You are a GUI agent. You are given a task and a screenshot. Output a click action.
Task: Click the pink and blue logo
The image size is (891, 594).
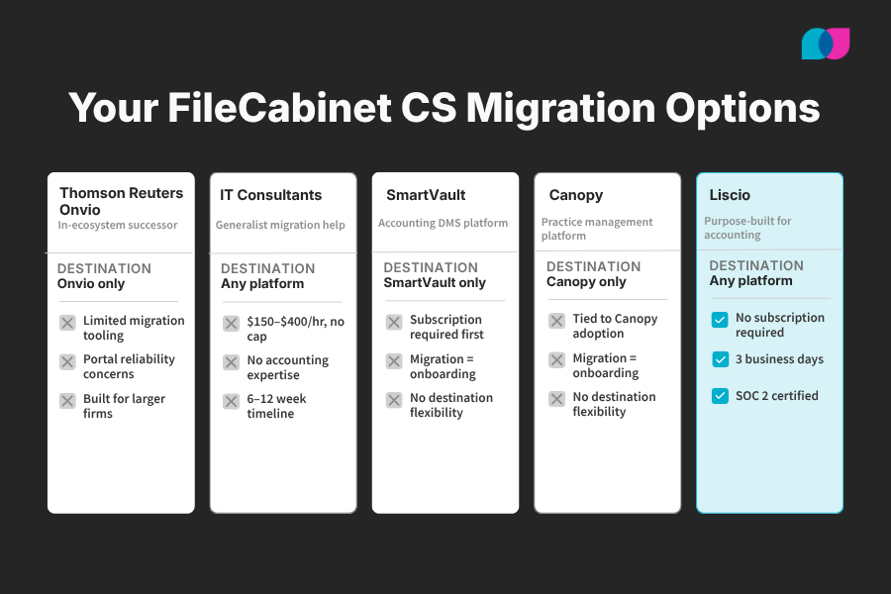(825, 44)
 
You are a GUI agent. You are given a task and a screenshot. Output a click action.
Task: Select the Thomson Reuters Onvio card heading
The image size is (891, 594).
(121, 201)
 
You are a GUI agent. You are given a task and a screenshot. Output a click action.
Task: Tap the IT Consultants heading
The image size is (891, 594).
(270, 195)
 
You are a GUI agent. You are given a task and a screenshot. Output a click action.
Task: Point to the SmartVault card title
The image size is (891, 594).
(426, 195)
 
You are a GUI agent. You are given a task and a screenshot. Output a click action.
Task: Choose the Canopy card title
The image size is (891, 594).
(575, 195)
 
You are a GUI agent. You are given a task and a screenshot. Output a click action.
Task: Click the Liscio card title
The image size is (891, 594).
(730, 195)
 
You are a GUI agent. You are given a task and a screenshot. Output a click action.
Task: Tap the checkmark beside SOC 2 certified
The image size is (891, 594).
(721, 396)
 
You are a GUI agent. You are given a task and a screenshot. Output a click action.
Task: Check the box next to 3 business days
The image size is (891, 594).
(721, 359)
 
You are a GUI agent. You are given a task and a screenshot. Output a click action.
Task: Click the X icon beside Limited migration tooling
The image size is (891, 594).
(67, 322)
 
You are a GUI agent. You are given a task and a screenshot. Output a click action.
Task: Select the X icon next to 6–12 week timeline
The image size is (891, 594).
(231, 401)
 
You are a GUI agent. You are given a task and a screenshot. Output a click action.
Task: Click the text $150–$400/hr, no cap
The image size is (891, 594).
(295, 330)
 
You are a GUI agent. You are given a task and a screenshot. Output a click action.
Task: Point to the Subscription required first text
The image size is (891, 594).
(446, 327)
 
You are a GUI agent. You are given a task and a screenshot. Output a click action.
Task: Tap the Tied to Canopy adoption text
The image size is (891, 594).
(615, 326)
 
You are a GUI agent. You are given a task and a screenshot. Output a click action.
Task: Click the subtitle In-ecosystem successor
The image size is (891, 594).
(118, 225)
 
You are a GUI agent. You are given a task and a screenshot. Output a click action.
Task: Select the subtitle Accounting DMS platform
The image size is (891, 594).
(443, 223)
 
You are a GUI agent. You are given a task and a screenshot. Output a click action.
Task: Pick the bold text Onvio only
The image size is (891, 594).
(91, 283)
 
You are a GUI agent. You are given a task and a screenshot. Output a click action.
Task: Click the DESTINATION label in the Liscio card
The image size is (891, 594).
(756, 265)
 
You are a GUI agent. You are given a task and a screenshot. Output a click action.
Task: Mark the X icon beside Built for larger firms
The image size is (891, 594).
(67, 401)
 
